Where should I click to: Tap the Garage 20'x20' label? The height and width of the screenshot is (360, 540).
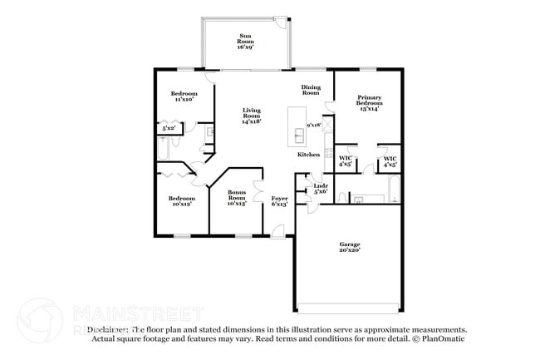pyautogui.click(x=350, y=247)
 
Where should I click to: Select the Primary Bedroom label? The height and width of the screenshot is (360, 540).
pyautogui.click(x=369, y=101)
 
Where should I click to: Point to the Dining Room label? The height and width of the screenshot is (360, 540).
pyautogui.click(x=311, y=90)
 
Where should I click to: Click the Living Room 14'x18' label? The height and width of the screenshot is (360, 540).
pyautogui.click(x=252, y=116)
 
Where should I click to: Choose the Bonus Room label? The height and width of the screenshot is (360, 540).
pyautogui.click(x=237, y=197)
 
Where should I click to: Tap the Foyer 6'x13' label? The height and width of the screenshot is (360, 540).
pyautogui.click(x=279, y=201)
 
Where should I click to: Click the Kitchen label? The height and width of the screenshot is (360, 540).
pyautogui.click(x=309, y=155)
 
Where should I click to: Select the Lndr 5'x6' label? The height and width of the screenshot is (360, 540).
pyautogui.click(x=320, y=189)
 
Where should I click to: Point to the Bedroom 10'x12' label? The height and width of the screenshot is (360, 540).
pyautogui.click(x=181, y=201)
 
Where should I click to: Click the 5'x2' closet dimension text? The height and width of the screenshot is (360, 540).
pyautogui.click(x=169, y=128)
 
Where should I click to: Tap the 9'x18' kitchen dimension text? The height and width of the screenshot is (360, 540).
pyautogui.click(x=313, y=125)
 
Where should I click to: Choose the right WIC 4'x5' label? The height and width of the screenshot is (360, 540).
pyautogui.click(x=389, y=160)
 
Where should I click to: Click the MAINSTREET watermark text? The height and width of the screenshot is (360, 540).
pyautogui.click(x=137, y=313)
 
